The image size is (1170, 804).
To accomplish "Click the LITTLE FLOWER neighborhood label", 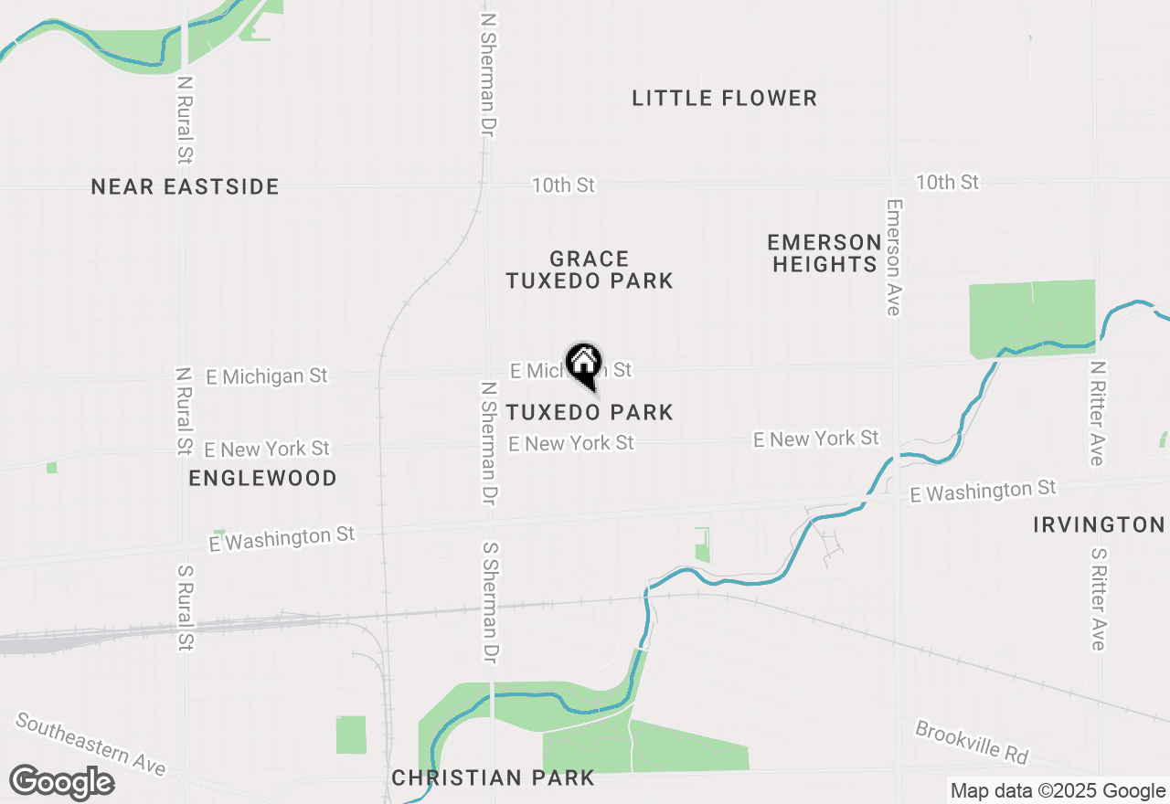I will tap(724, 99).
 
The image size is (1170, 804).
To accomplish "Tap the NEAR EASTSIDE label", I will tap(185, 187).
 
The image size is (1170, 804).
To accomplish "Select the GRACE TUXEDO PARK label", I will tap(590, 270).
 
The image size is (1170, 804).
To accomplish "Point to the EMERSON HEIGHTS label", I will tap(824, 253).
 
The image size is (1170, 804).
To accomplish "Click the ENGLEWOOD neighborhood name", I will tap(262, 478).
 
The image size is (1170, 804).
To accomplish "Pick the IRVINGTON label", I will tap(1099, 524).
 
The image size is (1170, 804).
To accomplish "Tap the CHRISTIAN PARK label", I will tap(493, 778).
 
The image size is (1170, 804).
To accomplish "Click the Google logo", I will tap(62, 782).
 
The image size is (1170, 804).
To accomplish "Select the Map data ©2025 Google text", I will tap(1058, 791).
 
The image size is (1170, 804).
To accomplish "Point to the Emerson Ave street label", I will tap(893, 258).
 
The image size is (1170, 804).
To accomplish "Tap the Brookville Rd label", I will tap(972, 743).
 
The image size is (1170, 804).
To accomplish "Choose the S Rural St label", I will tap(186, 608).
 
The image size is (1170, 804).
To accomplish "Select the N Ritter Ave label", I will tap(1097, 413).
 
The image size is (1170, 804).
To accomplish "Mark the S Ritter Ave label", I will tap(1098, 598).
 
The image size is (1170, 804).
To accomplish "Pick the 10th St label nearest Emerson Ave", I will tap(947, 183).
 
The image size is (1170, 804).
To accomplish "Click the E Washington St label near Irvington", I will tap(983, 492).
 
